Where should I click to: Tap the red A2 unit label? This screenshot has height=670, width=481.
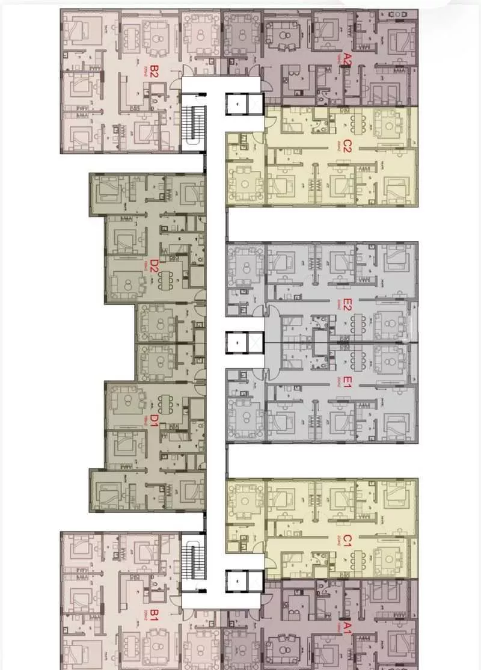tap(348, 59)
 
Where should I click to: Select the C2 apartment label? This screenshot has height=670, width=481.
tap(347, 147)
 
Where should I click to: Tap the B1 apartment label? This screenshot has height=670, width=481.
tap(155, 615)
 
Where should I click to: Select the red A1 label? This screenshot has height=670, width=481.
tap(348, 629)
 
